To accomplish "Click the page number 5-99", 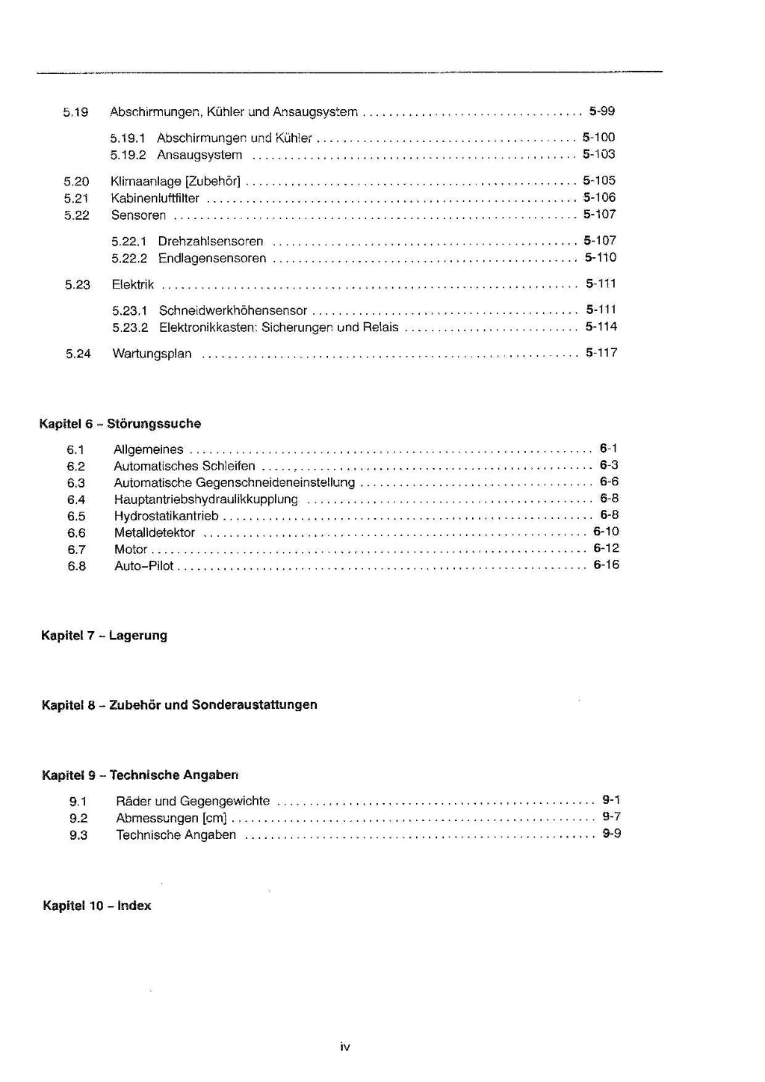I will (x=601, y=111).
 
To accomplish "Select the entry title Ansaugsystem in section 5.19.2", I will (x=199, y=155).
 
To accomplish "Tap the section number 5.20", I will (x=76, y=181).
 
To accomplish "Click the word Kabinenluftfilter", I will (x=155, y=198).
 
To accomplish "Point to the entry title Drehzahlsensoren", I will (x=211, y=242).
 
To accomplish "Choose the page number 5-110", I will (x=601, y=258).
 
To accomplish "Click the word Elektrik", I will (x=133, y=284).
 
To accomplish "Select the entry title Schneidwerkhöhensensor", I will (x=233, y=310).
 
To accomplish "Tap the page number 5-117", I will (x=601, y=353).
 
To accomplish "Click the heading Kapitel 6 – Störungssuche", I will (x=120, y=423).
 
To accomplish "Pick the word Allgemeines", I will (x=149, y=449).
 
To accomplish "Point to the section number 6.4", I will (x=76, y=499).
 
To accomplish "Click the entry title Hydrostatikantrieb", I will (x=167, y=516).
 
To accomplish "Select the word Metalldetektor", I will (x=155, y=533).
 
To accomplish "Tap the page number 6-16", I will (x=606, y=565).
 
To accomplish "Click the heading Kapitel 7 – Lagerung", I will (x=105, y=636).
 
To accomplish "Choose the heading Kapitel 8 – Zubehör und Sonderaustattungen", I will (x=179, y=704).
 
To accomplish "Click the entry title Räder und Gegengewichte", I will (x=193, y=801).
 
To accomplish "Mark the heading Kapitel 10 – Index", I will (x=97, y=906).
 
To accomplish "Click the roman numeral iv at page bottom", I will (x=345, y=1047).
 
